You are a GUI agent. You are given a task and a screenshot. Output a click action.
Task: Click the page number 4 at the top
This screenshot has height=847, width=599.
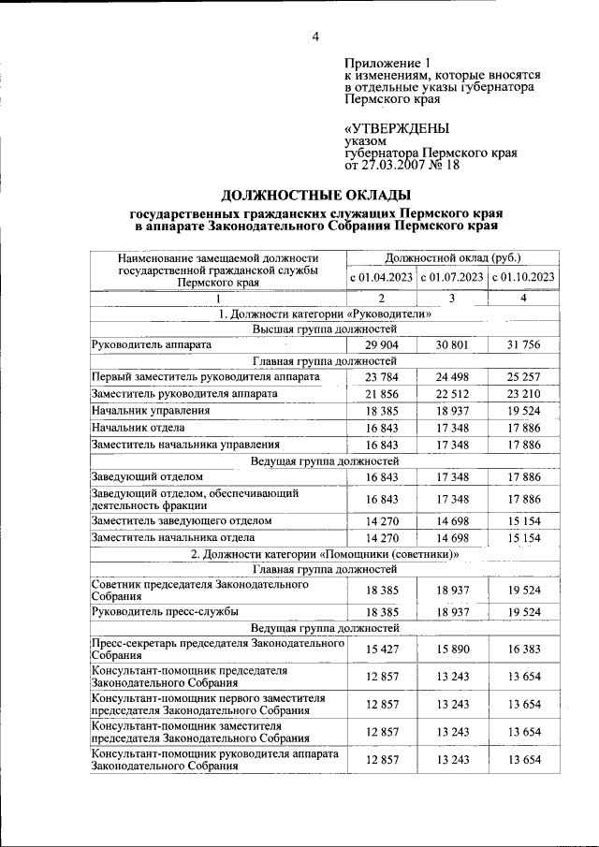(x=315, y=37)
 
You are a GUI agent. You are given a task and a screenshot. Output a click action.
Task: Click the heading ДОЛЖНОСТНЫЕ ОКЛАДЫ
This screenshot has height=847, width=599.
(x=315, y=195)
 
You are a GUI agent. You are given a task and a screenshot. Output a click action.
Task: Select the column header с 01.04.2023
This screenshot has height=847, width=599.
(x=382, y=277)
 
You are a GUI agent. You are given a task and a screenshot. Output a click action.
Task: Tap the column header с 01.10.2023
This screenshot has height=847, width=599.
(x=523, y=277)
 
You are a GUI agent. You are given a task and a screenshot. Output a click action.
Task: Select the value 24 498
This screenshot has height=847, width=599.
(x=452, y=377)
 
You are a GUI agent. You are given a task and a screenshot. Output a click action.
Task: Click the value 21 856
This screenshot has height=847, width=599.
(x=382, y=394)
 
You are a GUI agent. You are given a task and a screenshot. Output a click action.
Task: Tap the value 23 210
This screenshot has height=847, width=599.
(x=523, y=394)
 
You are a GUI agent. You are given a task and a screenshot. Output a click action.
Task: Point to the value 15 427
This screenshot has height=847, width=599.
(x=382, y=649)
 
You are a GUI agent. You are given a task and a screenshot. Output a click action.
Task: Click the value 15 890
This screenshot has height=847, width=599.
(x=452, y=649)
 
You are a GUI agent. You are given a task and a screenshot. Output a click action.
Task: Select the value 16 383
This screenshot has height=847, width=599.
(x=523, y=649)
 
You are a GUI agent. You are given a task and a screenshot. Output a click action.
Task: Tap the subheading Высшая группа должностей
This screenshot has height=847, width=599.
(x=325, y=329)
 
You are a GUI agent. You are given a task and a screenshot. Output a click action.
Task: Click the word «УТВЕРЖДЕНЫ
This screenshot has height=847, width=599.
(x=396, y=129)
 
